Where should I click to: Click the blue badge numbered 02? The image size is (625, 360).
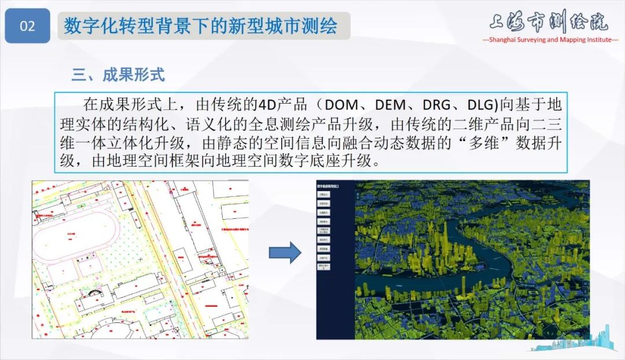27,26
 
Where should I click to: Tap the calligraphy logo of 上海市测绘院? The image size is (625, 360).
548,21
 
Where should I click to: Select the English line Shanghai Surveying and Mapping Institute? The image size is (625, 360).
550,40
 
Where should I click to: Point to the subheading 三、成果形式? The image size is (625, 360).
118,75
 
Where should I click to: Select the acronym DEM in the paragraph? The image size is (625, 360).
392,105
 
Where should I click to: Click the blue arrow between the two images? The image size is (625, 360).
285,253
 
